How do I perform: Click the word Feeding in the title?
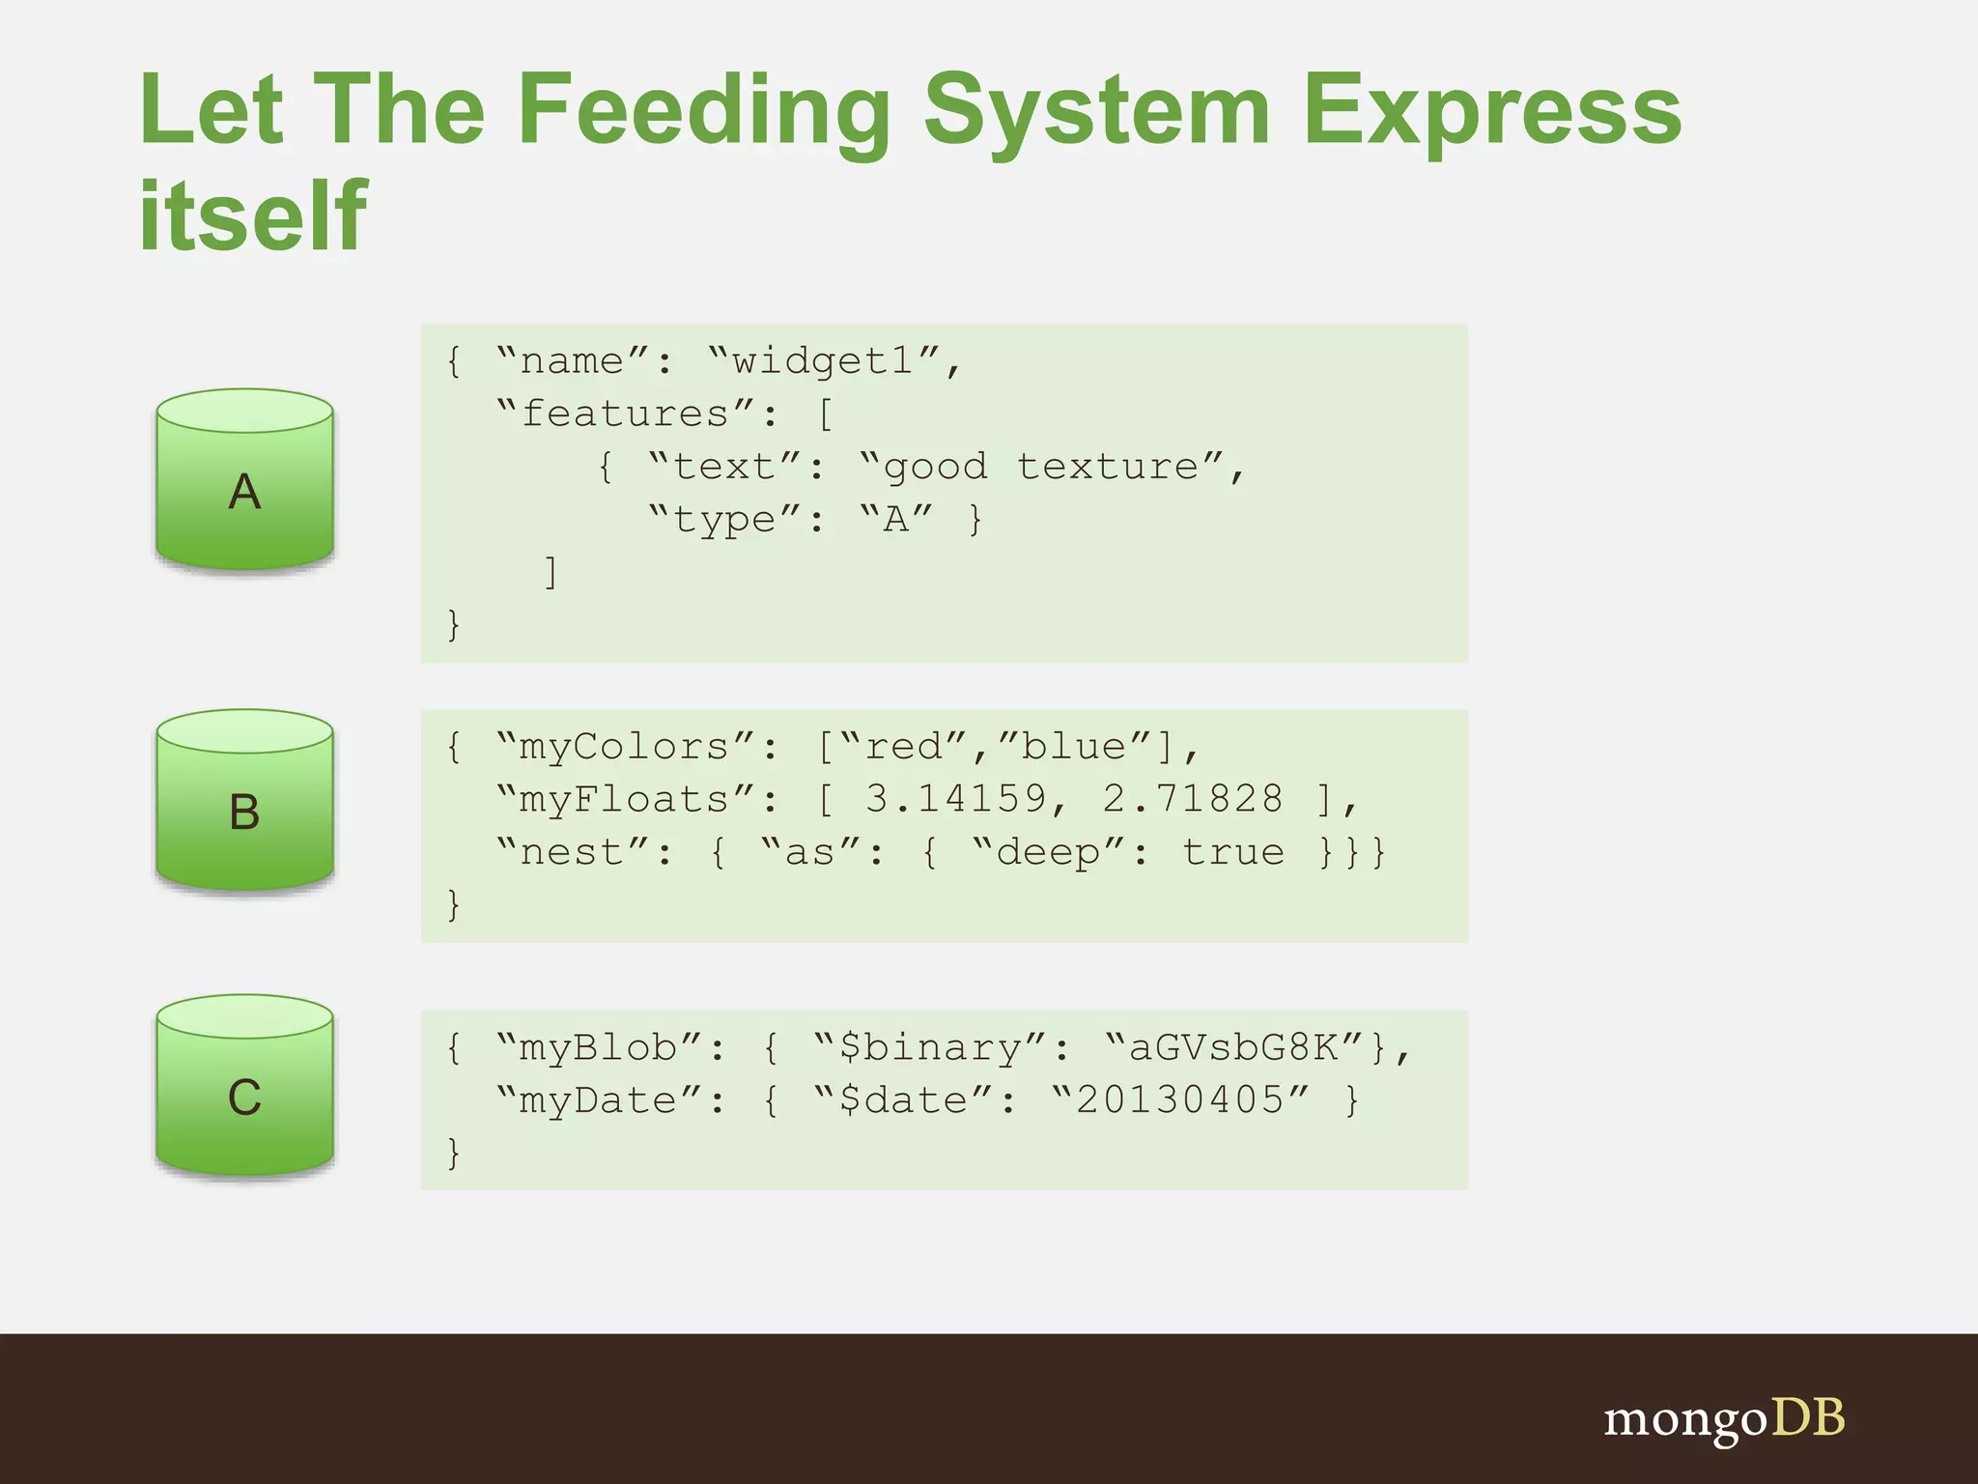tap(703, 114)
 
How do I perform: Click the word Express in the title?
tap(1491, 114)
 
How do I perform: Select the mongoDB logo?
tap(1723, 1418)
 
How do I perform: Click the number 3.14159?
tap(955, 799)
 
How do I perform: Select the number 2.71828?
tap(1193, 799)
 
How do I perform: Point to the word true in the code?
tap(1233, 852)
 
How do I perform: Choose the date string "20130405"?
tap(1180, 1100)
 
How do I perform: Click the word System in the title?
tap(1096, 114)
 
